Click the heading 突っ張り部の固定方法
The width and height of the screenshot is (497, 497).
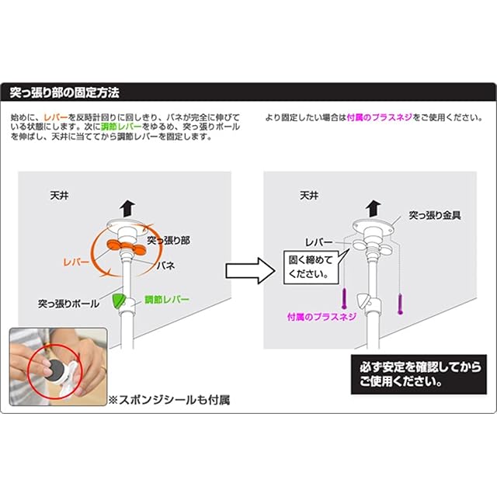(x=64, y=92)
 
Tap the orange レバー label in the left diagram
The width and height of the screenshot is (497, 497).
(x=76, y=262)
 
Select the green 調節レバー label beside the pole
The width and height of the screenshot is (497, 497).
(x=167, y=299)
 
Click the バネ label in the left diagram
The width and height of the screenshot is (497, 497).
(x=165, y=266)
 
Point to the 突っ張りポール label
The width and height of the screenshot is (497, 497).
(x=68, y=304)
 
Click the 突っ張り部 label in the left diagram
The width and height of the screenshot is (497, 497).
(x=169, y=240)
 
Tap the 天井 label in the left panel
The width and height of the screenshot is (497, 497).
(x=59, y=195)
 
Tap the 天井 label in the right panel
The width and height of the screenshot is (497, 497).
(x=309, y=195)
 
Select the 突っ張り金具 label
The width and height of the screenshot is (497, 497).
(x=435, y=216)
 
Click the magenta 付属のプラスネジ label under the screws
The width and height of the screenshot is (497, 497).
(x=321, y=317)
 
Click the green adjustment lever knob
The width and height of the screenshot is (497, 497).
(x=120, y=301)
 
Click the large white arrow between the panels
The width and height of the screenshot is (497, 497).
(x=250, y=271)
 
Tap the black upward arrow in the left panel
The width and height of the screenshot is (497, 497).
(x=127, y=209)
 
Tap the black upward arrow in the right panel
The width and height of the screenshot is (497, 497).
(x=373, y=209)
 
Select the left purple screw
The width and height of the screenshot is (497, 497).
(x=344, y=298)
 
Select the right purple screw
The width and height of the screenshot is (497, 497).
(x=401, y=304)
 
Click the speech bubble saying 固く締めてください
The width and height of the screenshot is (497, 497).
(x=311, y=267)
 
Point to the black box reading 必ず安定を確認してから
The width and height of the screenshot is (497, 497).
(x=419, y=374)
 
